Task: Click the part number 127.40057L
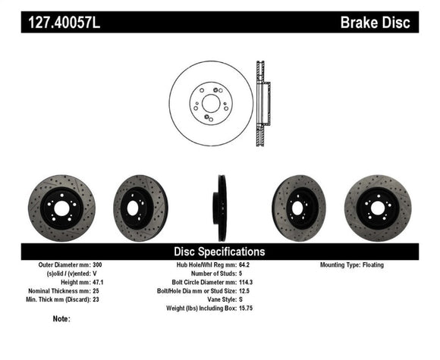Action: coord(64,23)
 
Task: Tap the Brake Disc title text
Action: coord(376,23)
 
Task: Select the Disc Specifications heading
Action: coord(220,251)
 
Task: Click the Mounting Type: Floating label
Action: coord(352,265)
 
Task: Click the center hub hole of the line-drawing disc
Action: coord(210,102)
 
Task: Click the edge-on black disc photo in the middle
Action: coord(220,208)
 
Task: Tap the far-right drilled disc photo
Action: coord(377,208)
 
